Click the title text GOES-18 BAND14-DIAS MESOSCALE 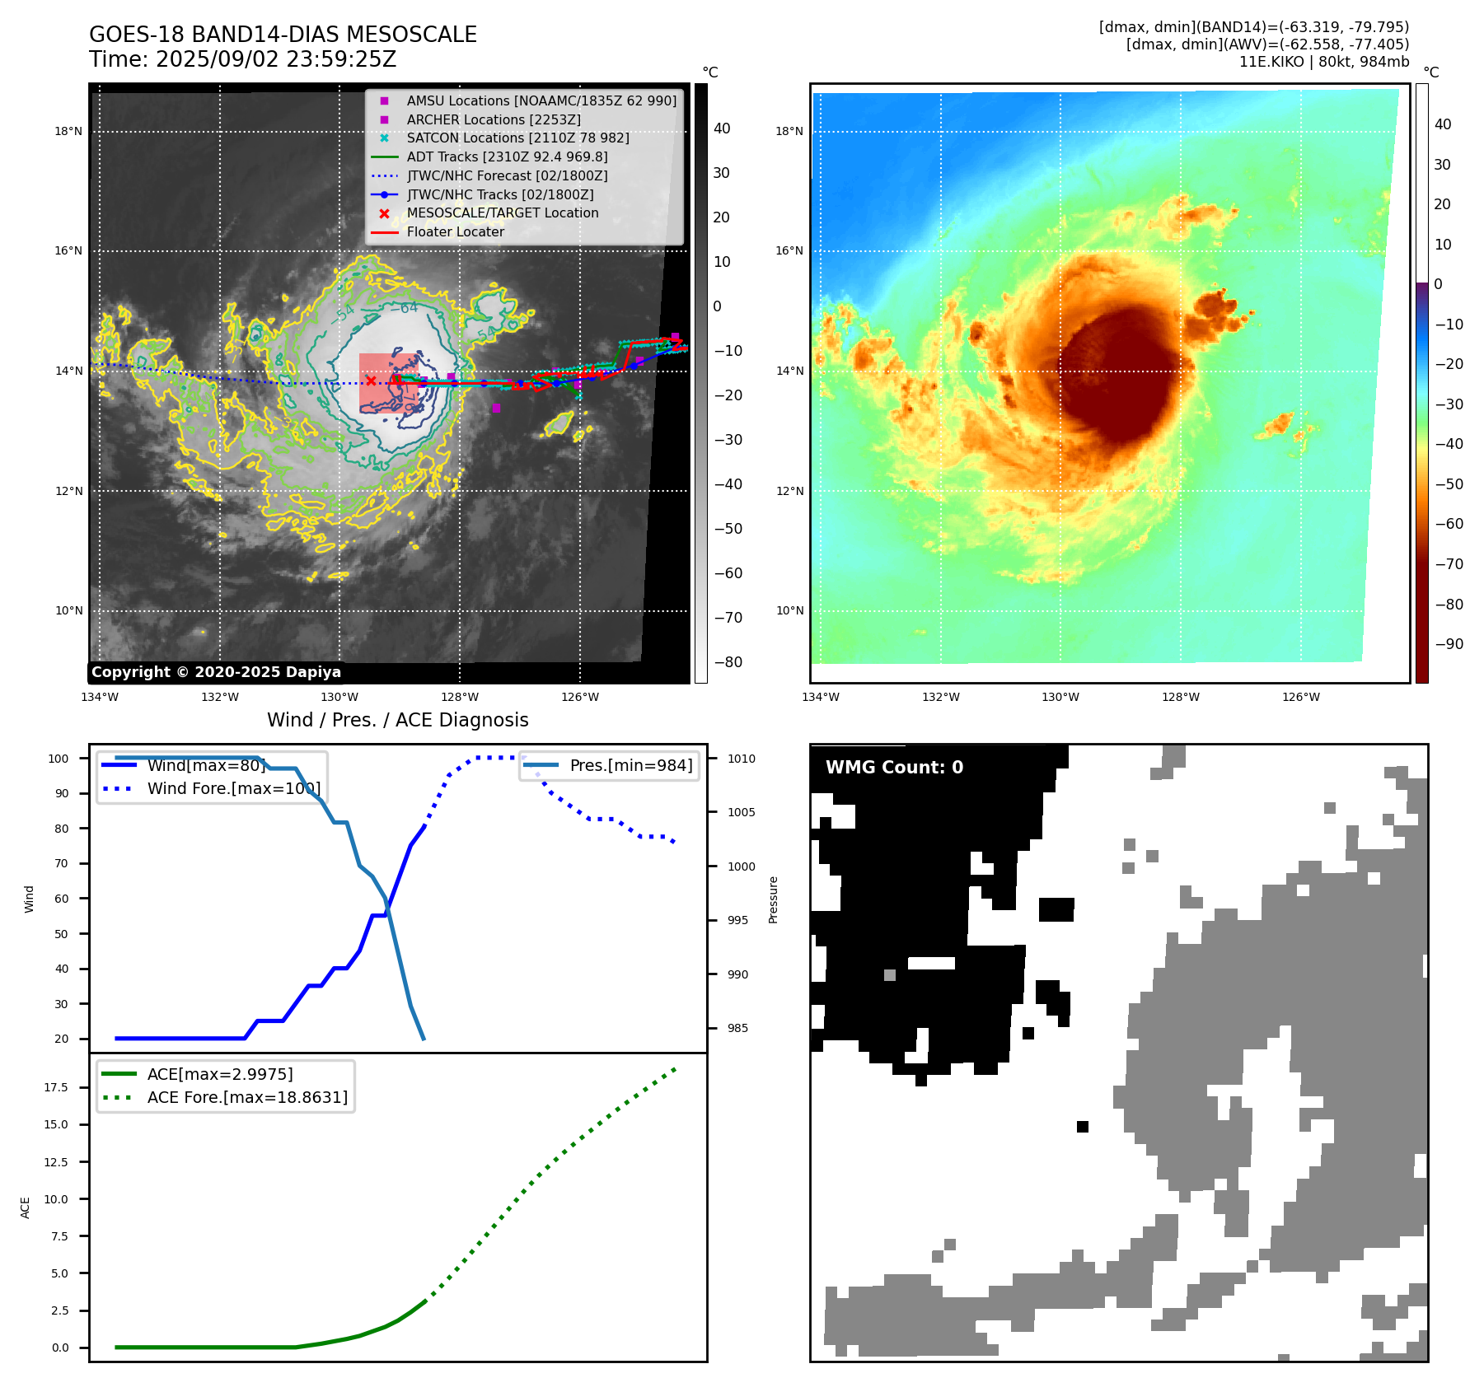point(283,35)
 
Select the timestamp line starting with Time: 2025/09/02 point(242,59)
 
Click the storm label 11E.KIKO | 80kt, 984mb point(1323,62)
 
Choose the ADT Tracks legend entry point(507,156)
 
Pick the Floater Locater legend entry point(455,231)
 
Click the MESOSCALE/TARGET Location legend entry point(502,213)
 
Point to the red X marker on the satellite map point(371,381)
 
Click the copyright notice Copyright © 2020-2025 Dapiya point(216,672)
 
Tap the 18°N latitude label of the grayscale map point(68,131)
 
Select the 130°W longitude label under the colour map point(1060,697)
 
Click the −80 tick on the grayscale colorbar point(728,662)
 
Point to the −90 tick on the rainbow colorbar point(1449,644)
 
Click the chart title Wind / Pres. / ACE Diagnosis point(397,720)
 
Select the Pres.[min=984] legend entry point(630,765)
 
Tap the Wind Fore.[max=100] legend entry point(233,788)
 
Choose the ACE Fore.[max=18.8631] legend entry point(247,1097)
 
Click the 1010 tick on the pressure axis point(741,759)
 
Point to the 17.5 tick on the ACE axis point(56,1087)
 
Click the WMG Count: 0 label point(894,767)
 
